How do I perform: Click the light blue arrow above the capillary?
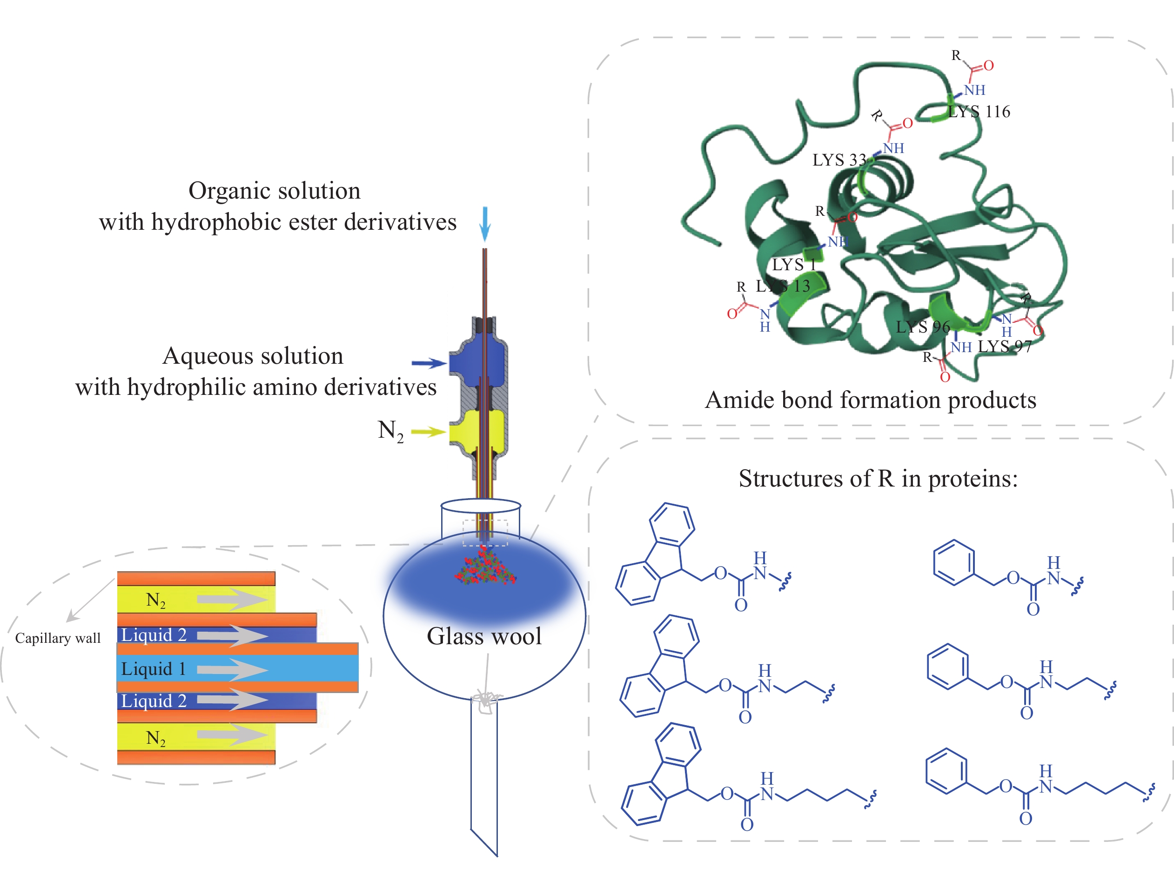(x=484, y=223)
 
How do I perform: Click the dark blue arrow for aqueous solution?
(x=429, y=363)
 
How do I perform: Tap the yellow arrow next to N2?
(x=428, y=432)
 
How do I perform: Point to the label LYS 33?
(x=839, y=160)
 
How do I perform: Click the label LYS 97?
(x=1005, y=347)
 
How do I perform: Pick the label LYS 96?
(x=923, y=327)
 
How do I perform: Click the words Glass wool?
(x=484, y=636)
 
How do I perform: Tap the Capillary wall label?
(x=58, y=638)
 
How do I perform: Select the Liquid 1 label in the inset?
(x=154, y=669)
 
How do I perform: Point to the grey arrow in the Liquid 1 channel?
(x=232, y=669)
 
